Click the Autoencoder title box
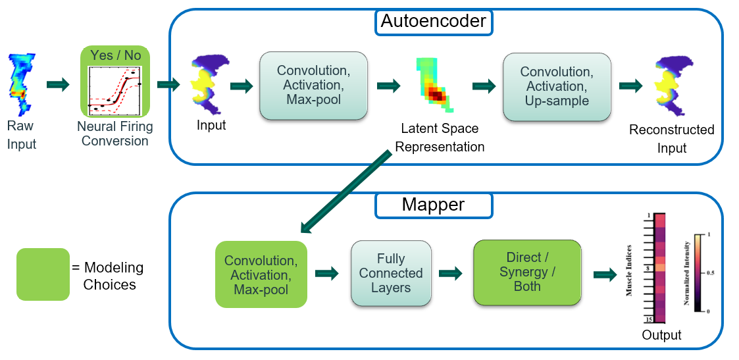(433, 22)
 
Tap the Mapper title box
(433, 205)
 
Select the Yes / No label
(115, 55)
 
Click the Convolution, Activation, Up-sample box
(557, 86)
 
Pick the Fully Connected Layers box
(391, 273)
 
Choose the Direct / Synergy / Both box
(527, 272)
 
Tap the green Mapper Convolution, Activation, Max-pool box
(261, 274)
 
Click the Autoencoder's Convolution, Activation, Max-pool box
(313, 86)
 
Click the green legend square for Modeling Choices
(43, 274)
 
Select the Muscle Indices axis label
(628, 270)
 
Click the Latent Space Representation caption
(439, 138)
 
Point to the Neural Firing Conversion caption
(115, 134)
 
